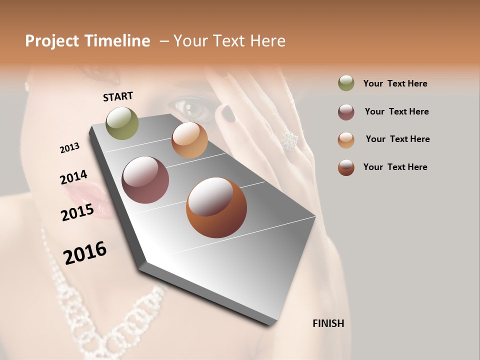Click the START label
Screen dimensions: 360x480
(x=118, y=96)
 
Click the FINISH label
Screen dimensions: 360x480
(x=328, y=323)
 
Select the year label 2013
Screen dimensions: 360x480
(x=70, y=148)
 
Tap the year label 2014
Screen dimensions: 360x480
(x=73, y=177)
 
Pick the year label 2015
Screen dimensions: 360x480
(x=77, y=212)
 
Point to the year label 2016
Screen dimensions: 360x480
(x=85, y=253)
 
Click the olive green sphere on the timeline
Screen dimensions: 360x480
(x=122, y=123)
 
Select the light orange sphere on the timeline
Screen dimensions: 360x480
(x=189, y=140)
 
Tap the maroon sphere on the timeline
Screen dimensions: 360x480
(x=145, y=180)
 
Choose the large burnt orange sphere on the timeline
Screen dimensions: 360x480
(x=216, y=207)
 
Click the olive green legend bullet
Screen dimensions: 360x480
(x=346, y=83)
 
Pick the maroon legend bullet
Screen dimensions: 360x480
(x=346, y=112)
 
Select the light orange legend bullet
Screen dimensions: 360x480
(x=346, y=140)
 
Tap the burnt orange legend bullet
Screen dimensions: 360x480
(x=346, y=167)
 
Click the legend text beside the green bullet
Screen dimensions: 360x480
(x=395, y=83)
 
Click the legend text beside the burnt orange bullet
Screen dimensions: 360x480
(x=395, y=167)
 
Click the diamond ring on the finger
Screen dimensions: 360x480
(x=289, y=141)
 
